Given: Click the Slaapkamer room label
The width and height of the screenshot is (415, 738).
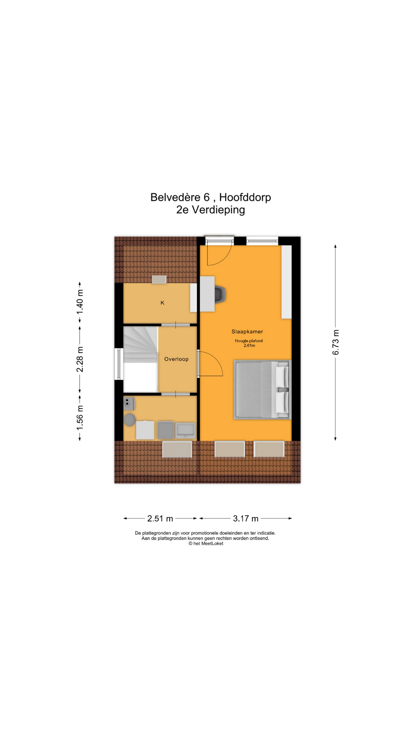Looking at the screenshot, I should [247, 331].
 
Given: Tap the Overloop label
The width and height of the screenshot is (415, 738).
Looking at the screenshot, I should [176, 359].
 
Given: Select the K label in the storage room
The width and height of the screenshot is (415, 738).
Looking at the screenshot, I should [162, 303].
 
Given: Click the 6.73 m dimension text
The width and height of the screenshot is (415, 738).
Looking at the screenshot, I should [336, 342].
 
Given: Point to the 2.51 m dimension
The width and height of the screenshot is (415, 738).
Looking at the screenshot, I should [160, 519].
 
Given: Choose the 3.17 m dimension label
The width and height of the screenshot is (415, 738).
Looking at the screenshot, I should [246, 519].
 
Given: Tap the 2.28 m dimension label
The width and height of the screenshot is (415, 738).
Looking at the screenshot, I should [80, 359].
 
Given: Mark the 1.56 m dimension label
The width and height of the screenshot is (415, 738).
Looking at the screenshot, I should [80, 417].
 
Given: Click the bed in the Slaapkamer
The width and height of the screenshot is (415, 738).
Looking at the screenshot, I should [262, 389].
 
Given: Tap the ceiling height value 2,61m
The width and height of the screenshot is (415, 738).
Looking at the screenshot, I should [249, 346].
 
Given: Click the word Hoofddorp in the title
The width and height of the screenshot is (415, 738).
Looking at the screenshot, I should [245, 197].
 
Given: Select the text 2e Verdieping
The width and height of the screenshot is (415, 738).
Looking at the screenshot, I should [210, 210].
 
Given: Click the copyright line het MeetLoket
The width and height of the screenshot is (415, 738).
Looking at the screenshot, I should [206, 544].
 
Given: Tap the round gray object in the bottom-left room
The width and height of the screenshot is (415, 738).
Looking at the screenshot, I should [129, 420].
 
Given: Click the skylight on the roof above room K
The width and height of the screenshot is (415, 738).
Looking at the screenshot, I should [159, 279].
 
